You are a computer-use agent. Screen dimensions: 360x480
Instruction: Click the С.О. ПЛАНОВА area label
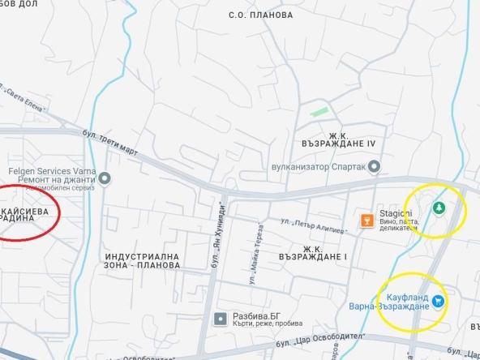(260, 15)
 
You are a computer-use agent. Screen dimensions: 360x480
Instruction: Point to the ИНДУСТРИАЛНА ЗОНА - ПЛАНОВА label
(142, 261)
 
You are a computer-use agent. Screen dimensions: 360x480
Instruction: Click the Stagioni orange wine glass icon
(366, 220)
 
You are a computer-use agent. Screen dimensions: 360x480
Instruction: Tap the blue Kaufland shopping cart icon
(438, 301)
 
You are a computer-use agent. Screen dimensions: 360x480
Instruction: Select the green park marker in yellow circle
(439, 208)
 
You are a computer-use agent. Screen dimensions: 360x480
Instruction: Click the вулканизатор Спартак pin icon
(374, 167)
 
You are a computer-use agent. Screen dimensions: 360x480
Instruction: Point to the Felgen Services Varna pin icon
(105, 178)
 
